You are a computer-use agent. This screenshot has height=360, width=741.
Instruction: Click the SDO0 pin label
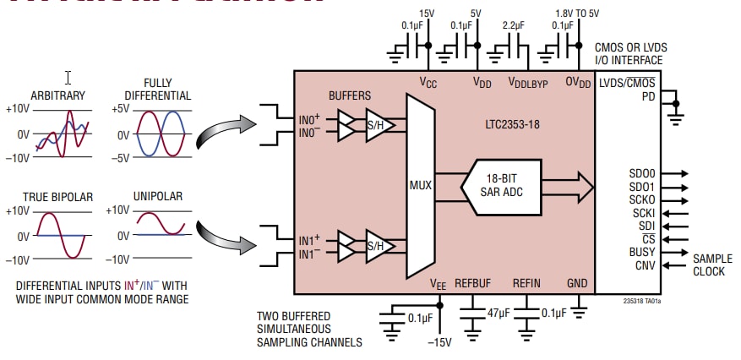coord(642,172)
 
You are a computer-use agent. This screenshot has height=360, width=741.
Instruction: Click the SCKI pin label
coord(643,212)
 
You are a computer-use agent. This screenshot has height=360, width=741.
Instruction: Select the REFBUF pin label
coord(473,283)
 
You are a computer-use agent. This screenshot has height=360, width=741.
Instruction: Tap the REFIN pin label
coord(526,283)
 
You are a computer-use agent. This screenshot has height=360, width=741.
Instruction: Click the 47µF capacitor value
coord(497,313)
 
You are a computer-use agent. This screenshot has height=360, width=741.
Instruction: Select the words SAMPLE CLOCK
coord(713,265)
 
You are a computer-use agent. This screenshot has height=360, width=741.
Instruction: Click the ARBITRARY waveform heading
coord(57,95)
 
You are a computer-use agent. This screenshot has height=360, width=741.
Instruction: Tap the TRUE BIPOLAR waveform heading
coord(61,197)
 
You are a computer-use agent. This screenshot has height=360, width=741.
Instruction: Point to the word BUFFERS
coord(349,96)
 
